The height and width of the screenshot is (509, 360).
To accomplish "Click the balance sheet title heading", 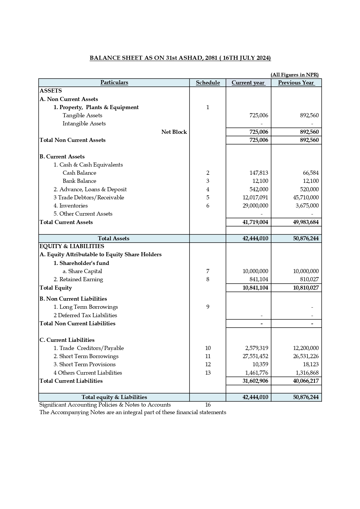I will [x=180, y=58].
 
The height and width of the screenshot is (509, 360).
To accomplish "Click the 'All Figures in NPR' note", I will [x=294, y=75].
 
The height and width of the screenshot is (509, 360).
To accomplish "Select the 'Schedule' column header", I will [x=208, y=83].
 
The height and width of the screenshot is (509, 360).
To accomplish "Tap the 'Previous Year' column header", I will [x=296, y=83].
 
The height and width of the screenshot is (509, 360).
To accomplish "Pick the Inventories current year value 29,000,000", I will [x=255, y=206].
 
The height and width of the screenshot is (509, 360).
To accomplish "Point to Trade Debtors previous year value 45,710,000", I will [x=306, y=198].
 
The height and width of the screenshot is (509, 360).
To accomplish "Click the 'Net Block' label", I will [x=174, y=132].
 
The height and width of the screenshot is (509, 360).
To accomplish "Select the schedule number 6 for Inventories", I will [x=208, y=206].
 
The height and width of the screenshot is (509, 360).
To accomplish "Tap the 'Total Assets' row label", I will [x=114, y=239].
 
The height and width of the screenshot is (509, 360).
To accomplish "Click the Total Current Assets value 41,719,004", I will [x=255, y=222].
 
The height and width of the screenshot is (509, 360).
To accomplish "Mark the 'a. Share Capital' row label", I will [x=82, y=271].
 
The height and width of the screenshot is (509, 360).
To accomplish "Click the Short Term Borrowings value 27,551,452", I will [x=255, y=356].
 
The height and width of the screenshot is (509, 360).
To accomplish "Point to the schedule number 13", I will [x=208, y=373].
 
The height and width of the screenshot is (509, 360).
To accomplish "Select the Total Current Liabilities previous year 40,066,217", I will [x=306, y=381].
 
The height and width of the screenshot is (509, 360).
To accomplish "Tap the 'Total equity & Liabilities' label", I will [x=114, y=397].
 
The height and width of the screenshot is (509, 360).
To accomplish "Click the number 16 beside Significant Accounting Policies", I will [x=208, y=405].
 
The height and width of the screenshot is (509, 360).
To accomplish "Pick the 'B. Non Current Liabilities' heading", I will [x=73, y=299].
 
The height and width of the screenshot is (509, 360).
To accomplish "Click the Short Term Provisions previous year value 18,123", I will [x=310, y=364].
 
